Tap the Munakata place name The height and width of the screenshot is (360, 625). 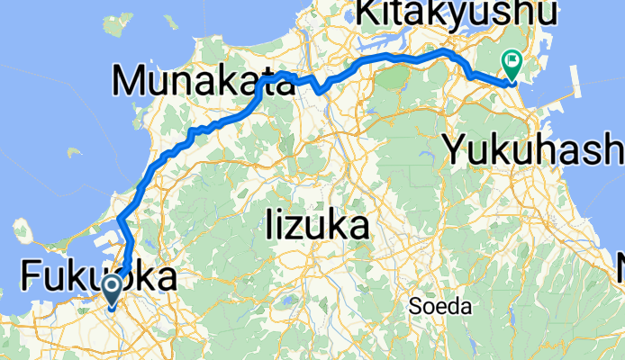(x=204, y=82)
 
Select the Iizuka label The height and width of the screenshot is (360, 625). (x=318, y=226)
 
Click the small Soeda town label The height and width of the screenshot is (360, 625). (x=439, y=307)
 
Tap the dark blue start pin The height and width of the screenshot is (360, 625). (x=113, y=291)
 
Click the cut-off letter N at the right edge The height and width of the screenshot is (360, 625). (x=620, y=268)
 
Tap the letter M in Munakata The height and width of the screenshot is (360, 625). (x=131, y=82)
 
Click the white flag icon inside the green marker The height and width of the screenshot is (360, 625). (x=512, y=61)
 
